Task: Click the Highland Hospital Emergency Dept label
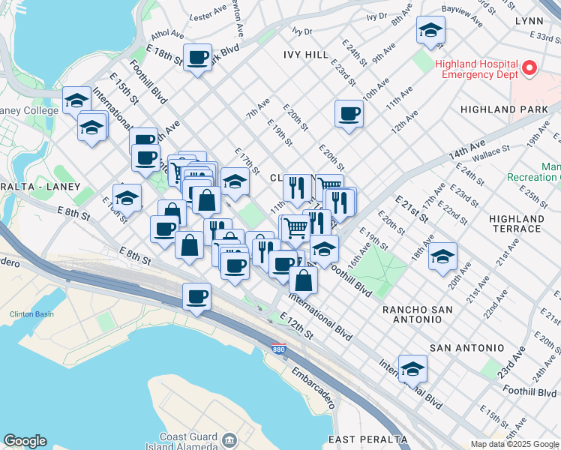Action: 476,69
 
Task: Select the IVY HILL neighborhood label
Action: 306,55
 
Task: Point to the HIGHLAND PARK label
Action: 514,109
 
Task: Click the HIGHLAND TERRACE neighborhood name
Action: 515,223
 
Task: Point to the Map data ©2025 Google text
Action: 514,444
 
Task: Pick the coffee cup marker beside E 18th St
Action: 198,58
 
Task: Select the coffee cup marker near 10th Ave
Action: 349,115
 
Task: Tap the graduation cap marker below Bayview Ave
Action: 430,31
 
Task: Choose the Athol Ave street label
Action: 167,34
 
